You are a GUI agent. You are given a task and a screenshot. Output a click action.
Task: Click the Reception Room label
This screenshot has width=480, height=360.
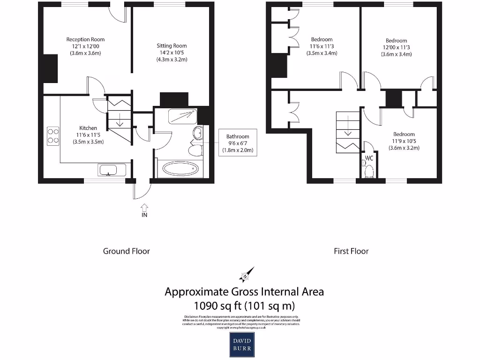(85, 40)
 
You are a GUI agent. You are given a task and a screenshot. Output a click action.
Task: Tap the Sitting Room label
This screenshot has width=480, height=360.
(172, 46)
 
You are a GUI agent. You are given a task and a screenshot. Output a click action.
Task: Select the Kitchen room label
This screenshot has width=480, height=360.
(88, 128)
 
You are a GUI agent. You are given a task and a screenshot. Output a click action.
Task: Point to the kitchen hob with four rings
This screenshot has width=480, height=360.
(53, 135)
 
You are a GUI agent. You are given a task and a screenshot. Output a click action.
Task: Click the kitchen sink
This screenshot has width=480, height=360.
(111, 170)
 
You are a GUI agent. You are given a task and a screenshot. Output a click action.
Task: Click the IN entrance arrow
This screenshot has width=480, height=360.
(144, 208)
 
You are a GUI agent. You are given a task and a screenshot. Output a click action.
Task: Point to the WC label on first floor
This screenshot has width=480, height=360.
(369, 158)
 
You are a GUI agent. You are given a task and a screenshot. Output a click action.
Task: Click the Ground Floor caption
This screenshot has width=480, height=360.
(127, 251)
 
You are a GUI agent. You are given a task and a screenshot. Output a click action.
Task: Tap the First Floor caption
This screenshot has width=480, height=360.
(351, 251)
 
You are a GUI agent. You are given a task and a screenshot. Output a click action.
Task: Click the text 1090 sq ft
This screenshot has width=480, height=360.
(212, 306)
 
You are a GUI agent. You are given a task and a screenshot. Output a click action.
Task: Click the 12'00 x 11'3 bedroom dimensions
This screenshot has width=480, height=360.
(396, 47)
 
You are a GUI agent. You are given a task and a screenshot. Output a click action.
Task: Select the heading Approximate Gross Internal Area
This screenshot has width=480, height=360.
(244, 292)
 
